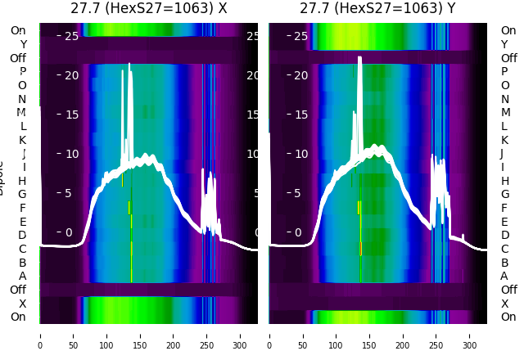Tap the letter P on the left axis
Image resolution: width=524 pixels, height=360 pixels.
pyautogui.click(x=22, y=71)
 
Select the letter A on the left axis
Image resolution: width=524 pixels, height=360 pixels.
pyautogui.click(x=22, y=276)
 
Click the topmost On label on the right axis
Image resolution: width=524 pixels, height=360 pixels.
pyautogui.click(x=508, y=30)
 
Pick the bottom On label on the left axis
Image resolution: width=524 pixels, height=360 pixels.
pyautogui.click(x=18, y=317)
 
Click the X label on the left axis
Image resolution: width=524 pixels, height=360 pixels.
pyautogui.click(x=22, y=304)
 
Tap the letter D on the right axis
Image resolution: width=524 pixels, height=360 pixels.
pyautogui.click(x=504, y=235)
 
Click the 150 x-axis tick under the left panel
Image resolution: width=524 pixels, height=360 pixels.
pyautogui.click(x=140, y=335)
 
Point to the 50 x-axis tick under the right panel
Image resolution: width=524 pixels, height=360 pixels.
pyautogui.click(x=302, y=335)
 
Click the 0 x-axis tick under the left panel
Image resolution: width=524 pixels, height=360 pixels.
pyautogui.click(x=40, y=335)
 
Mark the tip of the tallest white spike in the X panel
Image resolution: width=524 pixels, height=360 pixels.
pyautogui.click(x=129, y=63)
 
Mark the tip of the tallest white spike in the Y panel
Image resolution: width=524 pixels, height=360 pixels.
pyautogui.click(x=360, y=57)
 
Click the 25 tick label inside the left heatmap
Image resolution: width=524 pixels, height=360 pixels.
pyautogui.click(x=70, y=36)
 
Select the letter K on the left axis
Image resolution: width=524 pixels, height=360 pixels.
pyautogui.click(x=22, y=140)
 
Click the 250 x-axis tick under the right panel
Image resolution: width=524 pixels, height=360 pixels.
pyautogui.click(x=436, y=335)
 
